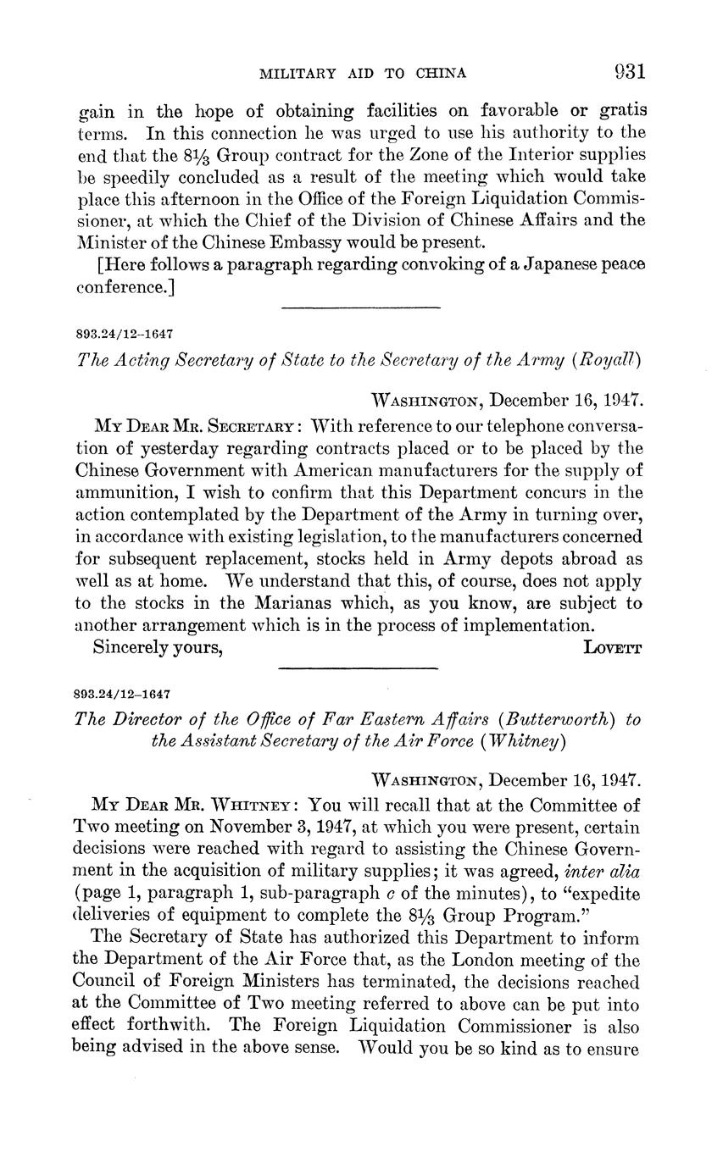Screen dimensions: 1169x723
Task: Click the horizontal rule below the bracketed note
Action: (359, 307)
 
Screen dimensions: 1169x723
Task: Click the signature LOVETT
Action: (613, 648)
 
